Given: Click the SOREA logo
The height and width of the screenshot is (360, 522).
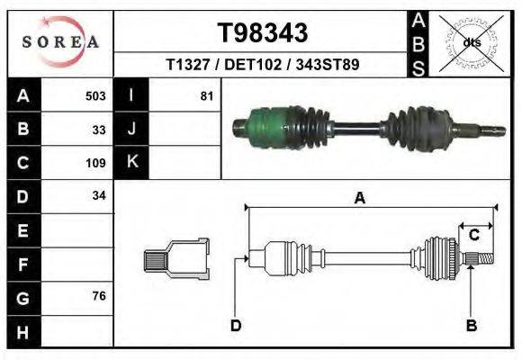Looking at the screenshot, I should click(60, 42).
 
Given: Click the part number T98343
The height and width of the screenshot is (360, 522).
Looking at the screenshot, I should click(263, 32).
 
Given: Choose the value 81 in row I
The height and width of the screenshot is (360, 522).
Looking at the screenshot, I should click(206, 95).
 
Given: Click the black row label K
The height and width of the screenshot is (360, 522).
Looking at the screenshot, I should click(132, 163).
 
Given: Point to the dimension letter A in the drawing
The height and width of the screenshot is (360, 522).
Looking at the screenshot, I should click(360, 198).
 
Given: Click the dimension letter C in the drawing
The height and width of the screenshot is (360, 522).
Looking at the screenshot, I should click(473, 235).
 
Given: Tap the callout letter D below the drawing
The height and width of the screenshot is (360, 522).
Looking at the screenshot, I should click(236, 325).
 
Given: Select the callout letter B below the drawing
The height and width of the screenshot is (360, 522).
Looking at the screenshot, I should click(470, 324).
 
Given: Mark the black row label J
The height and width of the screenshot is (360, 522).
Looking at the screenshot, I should click(132, 129).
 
